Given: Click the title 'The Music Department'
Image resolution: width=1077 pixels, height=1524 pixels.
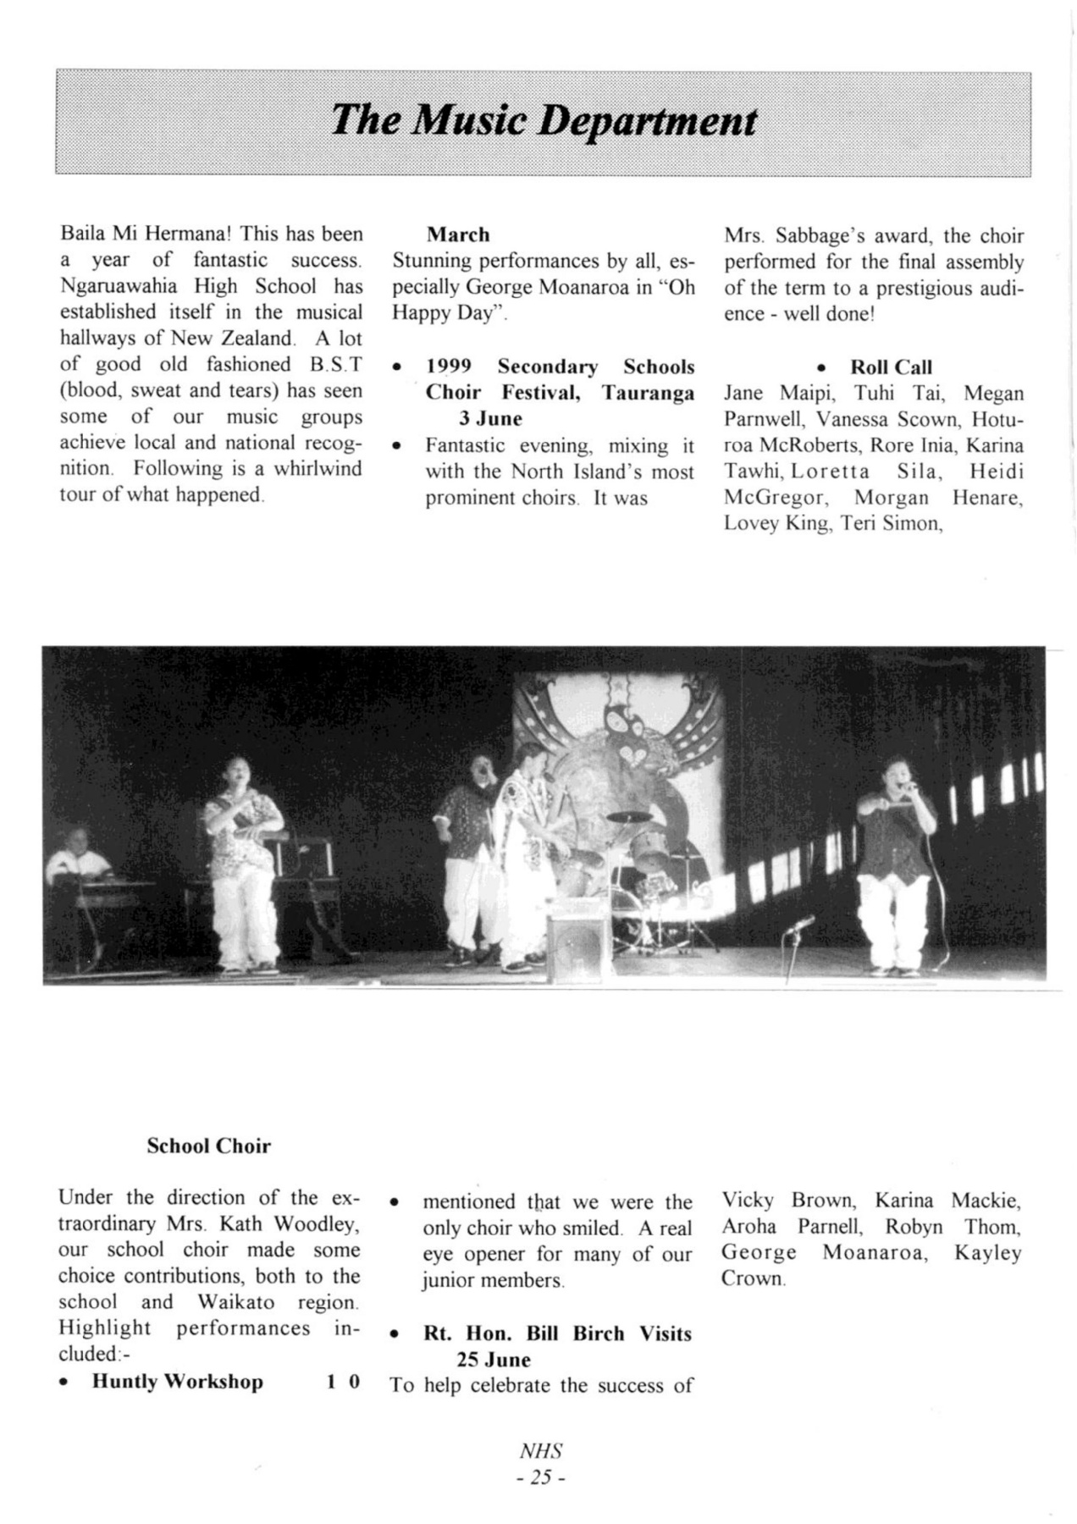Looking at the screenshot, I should click(543, 121).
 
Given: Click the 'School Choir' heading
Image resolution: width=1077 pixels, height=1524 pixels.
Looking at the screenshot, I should click(208, 1146).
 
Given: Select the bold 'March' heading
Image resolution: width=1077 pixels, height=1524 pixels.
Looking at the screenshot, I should click(458, 235).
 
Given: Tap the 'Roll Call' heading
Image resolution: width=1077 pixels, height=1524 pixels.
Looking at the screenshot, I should click(891, 367).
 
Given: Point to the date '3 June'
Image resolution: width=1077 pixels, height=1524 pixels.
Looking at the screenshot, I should click(490, 419).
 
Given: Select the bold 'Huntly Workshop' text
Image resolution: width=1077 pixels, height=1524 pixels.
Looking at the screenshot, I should click(177, 1382).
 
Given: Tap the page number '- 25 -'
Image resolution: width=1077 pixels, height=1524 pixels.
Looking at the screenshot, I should click(541, 1477).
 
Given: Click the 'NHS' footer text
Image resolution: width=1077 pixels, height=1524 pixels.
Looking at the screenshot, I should click(541, 1451).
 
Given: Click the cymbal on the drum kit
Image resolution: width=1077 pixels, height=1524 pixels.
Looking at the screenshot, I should click(628, 818).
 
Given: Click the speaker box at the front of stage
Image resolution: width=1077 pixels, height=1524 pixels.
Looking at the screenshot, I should click(575, 944).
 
